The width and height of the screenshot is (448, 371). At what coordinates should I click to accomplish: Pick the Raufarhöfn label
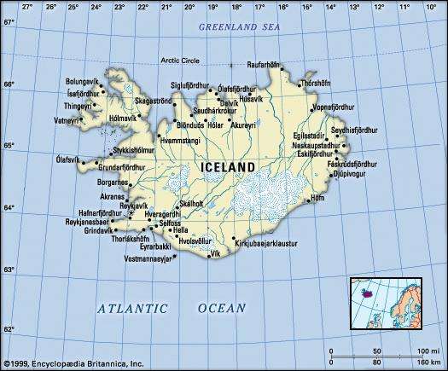click(x=265, y=64)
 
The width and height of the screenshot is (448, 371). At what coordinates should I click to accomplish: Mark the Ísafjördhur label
click(x=84, y=94)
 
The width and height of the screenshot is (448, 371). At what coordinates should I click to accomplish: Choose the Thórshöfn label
click(x=315, y=84)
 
